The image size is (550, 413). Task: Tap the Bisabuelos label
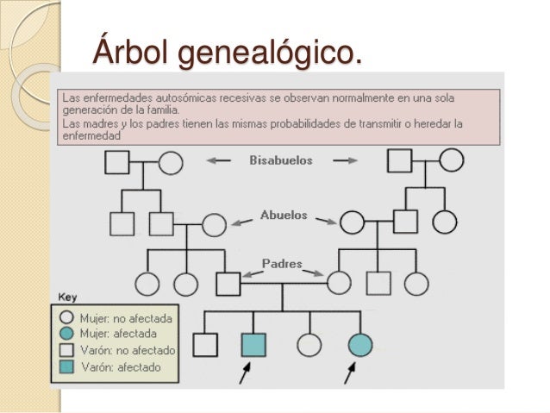(x=281, y=160)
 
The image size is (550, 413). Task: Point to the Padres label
(x=283, y=264)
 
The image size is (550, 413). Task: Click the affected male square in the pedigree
(x=253, y=345)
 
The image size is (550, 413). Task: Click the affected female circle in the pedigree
(x=359, y=345)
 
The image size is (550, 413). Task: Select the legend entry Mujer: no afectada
(x=124, y=318)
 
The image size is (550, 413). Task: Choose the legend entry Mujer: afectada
(x=118, y=334)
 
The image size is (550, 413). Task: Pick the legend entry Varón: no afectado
(x=127, y=351)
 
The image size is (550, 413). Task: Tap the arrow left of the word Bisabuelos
(x=221, y=160)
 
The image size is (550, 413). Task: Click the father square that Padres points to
(x=228, y=284)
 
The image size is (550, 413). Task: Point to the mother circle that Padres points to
(x=339, y=284)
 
